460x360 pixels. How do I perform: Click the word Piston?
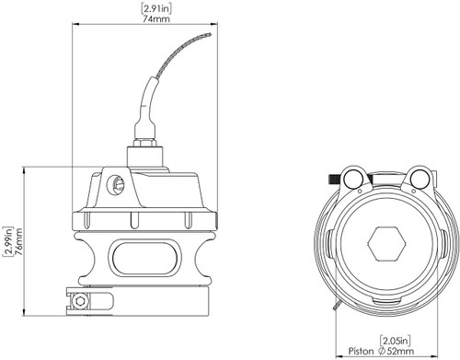point(363,351)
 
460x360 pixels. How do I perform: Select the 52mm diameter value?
point(404,351)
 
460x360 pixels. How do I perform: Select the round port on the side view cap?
point(117,187)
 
